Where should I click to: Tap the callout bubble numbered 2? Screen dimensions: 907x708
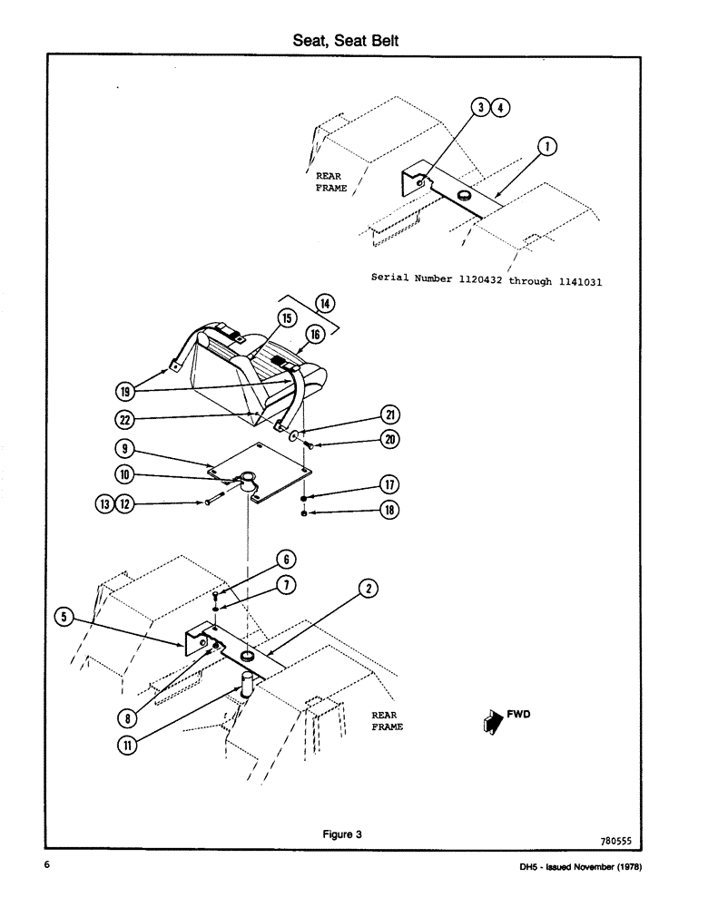pos(368,588)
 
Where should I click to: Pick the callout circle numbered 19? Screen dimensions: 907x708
pos(124,391)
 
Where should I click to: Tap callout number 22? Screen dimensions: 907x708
pos(124,419)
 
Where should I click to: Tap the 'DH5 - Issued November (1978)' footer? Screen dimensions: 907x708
pos(578,867)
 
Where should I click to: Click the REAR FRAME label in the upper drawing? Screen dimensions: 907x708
pos(331,181)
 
